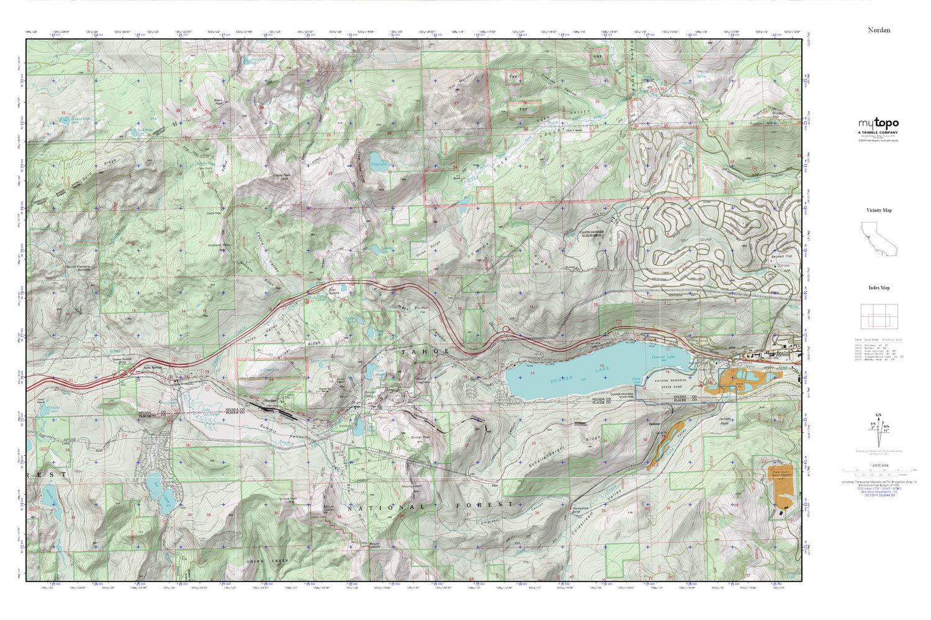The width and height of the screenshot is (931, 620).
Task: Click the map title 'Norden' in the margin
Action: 878,30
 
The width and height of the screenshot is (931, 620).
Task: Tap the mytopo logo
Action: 878,124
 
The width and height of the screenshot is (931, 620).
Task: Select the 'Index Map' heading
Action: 878,288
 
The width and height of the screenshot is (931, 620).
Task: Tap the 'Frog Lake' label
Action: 379,164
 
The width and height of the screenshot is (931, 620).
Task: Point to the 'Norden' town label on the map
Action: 270,401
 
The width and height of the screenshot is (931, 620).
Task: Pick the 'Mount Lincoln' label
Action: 375,546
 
